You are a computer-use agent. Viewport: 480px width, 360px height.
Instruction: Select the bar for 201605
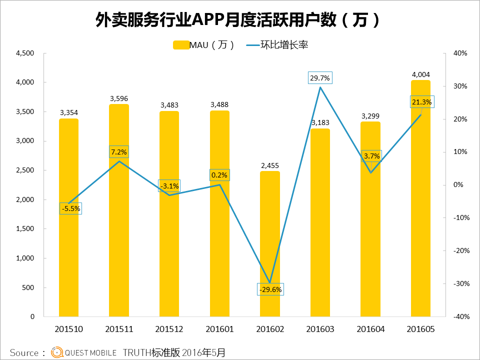(420, 200)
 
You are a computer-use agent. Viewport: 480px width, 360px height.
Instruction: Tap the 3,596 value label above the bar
(119, 98)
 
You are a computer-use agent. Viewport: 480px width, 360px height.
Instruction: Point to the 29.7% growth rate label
(320, 78)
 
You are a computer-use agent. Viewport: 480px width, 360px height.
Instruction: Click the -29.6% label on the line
(270, 289)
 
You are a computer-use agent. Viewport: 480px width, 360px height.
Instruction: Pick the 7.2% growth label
(119, 151)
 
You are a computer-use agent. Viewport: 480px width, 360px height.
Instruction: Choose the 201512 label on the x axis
(169, 329)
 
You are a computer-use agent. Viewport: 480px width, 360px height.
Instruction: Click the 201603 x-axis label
(320, 329)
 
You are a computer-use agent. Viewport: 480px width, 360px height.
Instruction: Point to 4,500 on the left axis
(24, 53)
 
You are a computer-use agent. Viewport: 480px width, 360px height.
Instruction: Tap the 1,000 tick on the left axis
(24, 258)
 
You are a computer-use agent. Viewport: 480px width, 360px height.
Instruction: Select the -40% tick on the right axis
(460, 316)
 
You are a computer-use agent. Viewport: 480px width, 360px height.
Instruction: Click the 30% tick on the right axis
(460, 86)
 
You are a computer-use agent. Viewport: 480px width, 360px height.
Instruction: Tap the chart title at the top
(239, 20)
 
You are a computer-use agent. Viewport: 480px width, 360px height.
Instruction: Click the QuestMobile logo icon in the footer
(57, 352)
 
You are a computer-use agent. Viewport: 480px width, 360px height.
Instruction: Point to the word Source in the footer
(24, 352)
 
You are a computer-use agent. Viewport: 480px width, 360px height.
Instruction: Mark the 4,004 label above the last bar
(420, 75)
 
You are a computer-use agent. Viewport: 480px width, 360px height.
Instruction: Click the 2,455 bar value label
(269, 165)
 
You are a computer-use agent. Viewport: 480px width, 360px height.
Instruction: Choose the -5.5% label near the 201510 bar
(71, 208)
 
